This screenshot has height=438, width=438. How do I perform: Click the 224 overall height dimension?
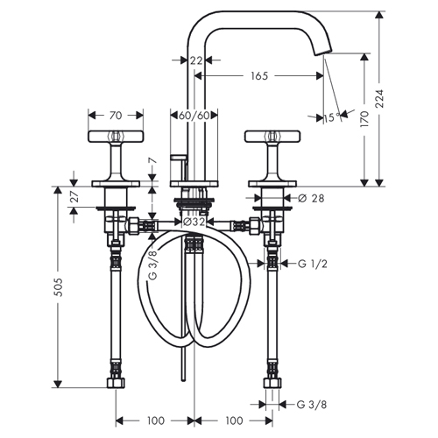(x=379, y=99)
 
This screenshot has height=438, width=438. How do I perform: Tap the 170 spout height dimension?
(x=364, y=119)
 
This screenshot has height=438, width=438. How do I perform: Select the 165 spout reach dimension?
(x=259, y=76)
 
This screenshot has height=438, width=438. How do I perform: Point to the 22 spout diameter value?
(x=196, y=60)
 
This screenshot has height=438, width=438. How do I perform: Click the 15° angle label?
(x=332, y=117)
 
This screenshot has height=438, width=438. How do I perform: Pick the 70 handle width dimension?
(x=116, y=116)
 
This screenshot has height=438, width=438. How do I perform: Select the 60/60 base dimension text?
(x=194, y=116)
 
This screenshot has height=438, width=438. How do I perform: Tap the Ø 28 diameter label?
(x=311, y=198)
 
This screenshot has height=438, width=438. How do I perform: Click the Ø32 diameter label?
(x=194, y=222)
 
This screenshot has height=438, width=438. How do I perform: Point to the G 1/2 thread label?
(x=313, y=264)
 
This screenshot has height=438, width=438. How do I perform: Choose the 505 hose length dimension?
(x=59, y=287)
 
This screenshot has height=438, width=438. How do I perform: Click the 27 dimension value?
(x=75, y=197)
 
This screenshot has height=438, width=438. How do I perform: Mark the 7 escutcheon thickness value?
(x=152, y=160)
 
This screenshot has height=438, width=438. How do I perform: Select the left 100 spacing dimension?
(x=156, y=420)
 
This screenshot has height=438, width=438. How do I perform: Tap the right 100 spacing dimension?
(x=234, y=420)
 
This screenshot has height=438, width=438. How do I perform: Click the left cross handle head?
(x=116, y=137)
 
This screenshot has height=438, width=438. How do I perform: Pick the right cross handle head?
(x=272, y=137)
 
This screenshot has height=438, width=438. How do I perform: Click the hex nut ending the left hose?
(x=116, y=383)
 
